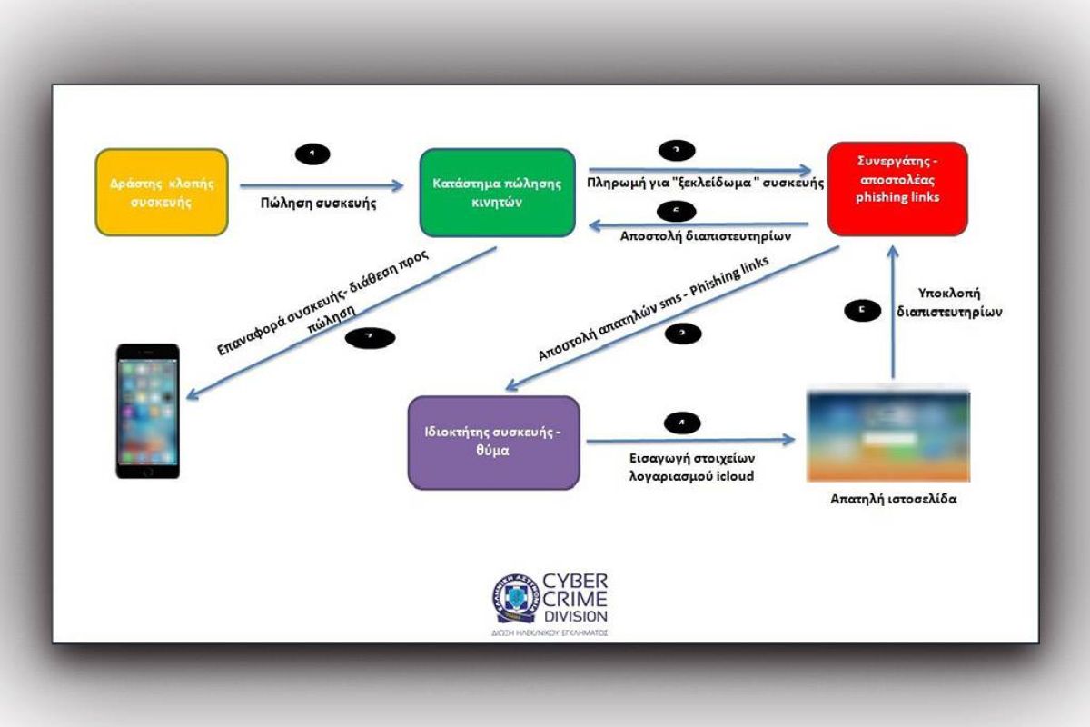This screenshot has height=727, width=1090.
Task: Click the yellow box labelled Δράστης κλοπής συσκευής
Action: tap(161, 193)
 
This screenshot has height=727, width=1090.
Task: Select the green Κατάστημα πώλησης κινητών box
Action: tap(497, 193)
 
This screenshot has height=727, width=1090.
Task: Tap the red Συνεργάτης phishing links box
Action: tap(897, 188)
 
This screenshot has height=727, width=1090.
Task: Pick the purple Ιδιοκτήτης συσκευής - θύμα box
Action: tap(493, 442)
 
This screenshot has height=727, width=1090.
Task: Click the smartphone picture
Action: tap(147, 411)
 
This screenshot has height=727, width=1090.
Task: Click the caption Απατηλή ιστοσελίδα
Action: tap(887, 499)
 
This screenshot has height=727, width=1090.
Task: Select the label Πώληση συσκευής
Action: tap(320, 204)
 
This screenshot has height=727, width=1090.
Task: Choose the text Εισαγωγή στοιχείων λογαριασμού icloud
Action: tap(691, 467)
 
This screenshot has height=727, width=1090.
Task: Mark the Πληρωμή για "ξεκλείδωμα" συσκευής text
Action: tap(705, 182)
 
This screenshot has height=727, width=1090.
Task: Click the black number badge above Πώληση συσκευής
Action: tap(312, 154)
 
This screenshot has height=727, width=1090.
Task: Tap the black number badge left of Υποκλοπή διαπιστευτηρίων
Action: tap(862, 311)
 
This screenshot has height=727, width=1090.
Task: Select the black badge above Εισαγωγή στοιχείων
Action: tap(682, 422)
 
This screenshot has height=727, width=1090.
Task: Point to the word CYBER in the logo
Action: tap(576, 582)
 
